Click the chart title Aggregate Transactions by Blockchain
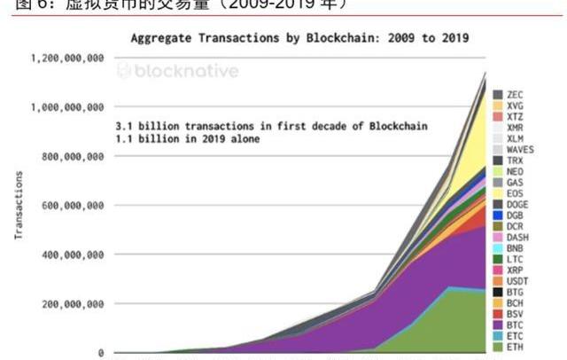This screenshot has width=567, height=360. tap(299, 38)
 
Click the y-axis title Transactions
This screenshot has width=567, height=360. tap(18, 206)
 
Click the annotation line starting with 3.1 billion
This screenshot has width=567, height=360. tap(270, 127)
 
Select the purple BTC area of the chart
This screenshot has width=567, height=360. tap(399, 275)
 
